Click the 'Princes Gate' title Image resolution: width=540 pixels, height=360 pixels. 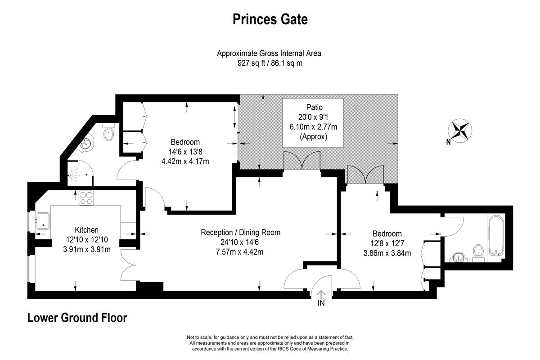pyautogui.click(x=270, y=20)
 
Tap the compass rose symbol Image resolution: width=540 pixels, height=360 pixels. pyautogui.click(x=460, y=131)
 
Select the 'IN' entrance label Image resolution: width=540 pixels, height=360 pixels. pyautogui.click(x=321, y=303)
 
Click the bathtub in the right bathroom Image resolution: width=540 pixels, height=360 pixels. pyautogui.click(x=496, y=235)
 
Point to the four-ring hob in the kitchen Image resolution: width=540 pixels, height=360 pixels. pyautogui.click(x=86, y=198)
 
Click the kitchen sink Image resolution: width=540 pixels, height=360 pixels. pyautogui.click(x=43, y=221)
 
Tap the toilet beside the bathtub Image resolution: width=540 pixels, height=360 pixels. pyautogui.click(x=478, y=253)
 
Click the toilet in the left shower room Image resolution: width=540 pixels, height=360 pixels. pyautogui.click(x=109, y=132)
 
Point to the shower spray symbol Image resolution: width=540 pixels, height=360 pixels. pyautogui.click(x=74, y=174)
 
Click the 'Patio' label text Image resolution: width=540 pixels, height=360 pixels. pyautogui.click(x=315, y=107)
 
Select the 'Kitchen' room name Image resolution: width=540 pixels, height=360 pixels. pyautogui.click(x=86, y=230)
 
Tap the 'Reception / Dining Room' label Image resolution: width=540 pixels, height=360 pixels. pyautogui.click(x=241, y=233)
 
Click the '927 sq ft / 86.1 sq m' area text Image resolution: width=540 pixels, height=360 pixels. pyautogui.click(x=270, y=63)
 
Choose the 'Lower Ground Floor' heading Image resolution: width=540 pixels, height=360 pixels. pyautogui.click(x=77, y=318)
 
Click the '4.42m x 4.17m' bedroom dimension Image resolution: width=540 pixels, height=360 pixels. pyautogui.click(x=185, y=161)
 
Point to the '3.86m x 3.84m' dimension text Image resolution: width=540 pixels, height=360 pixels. pyautogui.click(x=387, y=253)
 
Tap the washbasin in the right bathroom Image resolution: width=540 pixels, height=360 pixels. pyautogui.click(x=459, y=257)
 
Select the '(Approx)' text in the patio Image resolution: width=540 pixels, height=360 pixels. pyautogui.click(x=313, y=137)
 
